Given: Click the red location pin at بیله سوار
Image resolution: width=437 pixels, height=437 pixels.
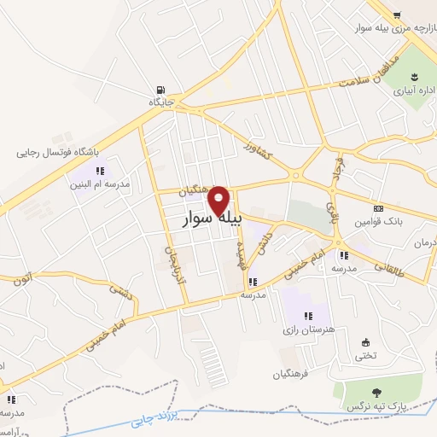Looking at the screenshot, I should pos(219,200).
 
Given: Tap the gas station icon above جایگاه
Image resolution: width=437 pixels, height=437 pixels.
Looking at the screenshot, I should pos(160,90).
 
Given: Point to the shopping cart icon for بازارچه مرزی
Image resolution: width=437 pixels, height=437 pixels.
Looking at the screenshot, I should pos(398,15).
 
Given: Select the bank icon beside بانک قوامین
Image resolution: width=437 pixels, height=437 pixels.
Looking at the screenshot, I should pos(378,208).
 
